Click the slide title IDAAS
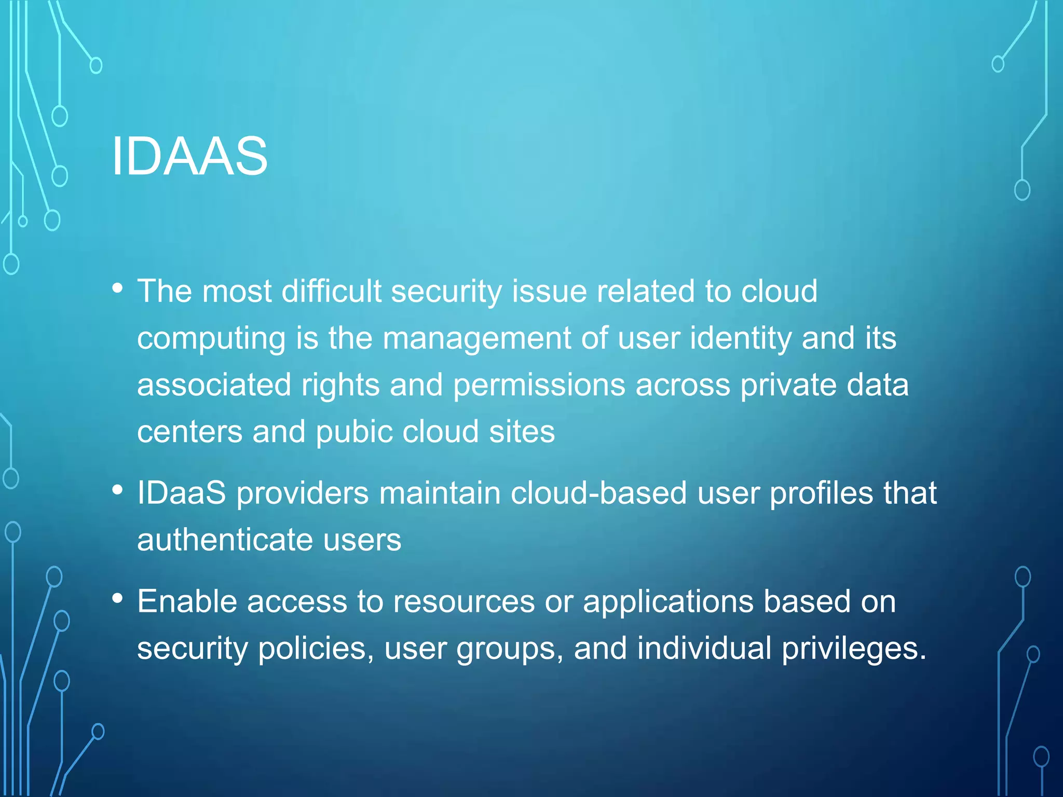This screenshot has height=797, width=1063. (189, 156)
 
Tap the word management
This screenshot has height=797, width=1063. (476, 338)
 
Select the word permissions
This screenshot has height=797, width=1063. (539, 386)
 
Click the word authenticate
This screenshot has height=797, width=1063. (225, 540)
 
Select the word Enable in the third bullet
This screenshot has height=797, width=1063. (187, 601)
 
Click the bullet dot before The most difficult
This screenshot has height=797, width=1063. (118, 287)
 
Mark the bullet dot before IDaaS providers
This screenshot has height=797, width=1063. (118, 489)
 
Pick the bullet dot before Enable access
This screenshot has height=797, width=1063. (118, 598)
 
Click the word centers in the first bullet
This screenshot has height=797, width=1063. (189, 432)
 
